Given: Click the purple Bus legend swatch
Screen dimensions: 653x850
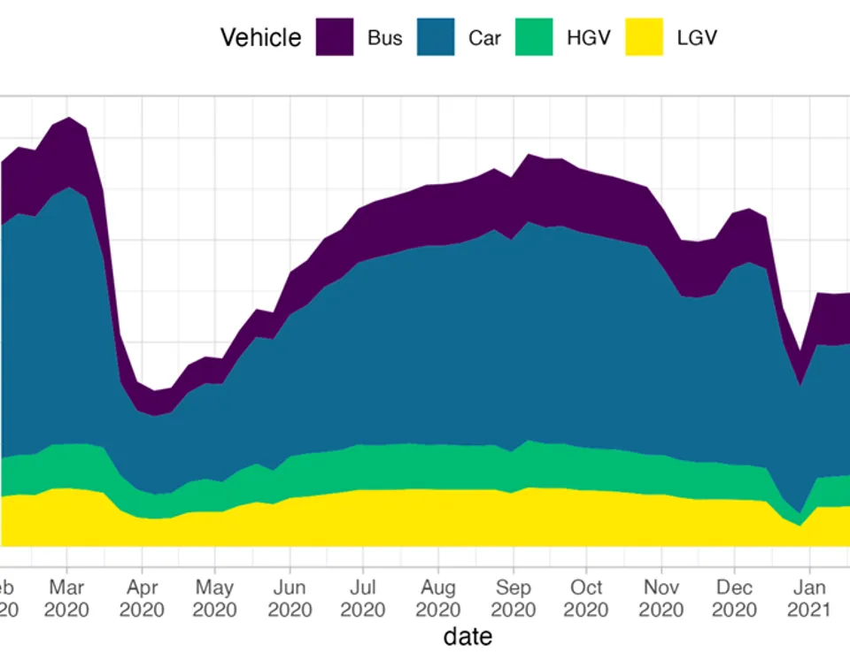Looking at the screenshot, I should coord(335,37).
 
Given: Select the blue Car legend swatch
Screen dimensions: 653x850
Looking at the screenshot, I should coord(435,37).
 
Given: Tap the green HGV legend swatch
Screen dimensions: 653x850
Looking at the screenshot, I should coord(534,37).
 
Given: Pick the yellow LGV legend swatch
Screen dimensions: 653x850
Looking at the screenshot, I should coord(644,37).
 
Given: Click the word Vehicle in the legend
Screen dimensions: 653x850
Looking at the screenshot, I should coord(260,38).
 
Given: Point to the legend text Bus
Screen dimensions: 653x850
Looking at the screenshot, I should coord(385,38).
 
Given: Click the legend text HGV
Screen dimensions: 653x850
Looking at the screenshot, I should coord(589,38).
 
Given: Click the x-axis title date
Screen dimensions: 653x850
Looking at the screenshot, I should coord(467,635).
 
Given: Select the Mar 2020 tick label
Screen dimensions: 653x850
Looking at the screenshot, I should coord(67,599).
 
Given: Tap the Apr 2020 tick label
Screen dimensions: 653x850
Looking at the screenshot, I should coord(142,599).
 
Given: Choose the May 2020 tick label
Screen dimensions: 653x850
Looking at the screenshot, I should coord(215,599).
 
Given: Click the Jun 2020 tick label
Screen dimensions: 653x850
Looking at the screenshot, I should coord(290,599).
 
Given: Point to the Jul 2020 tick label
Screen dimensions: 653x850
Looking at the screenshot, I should coord(363,599).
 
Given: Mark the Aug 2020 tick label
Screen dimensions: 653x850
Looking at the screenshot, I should coord(438,599).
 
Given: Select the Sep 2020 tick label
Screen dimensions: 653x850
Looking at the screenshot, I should coord(514,599).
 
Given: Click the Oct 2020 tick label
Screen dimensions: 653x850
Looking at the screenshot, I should coord(586,599).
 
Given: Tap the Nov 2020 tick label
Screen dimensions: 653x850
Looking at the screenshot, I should coord(661,599).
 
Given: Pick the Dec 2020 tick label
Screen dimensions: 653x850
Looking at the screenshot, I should coord(734,599).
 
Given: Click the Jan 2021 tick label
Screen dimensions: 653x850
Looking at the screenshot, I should coord(809,599).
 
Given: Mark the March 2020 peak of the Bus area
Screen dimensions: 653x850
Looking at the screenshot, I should coord(69,119).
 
